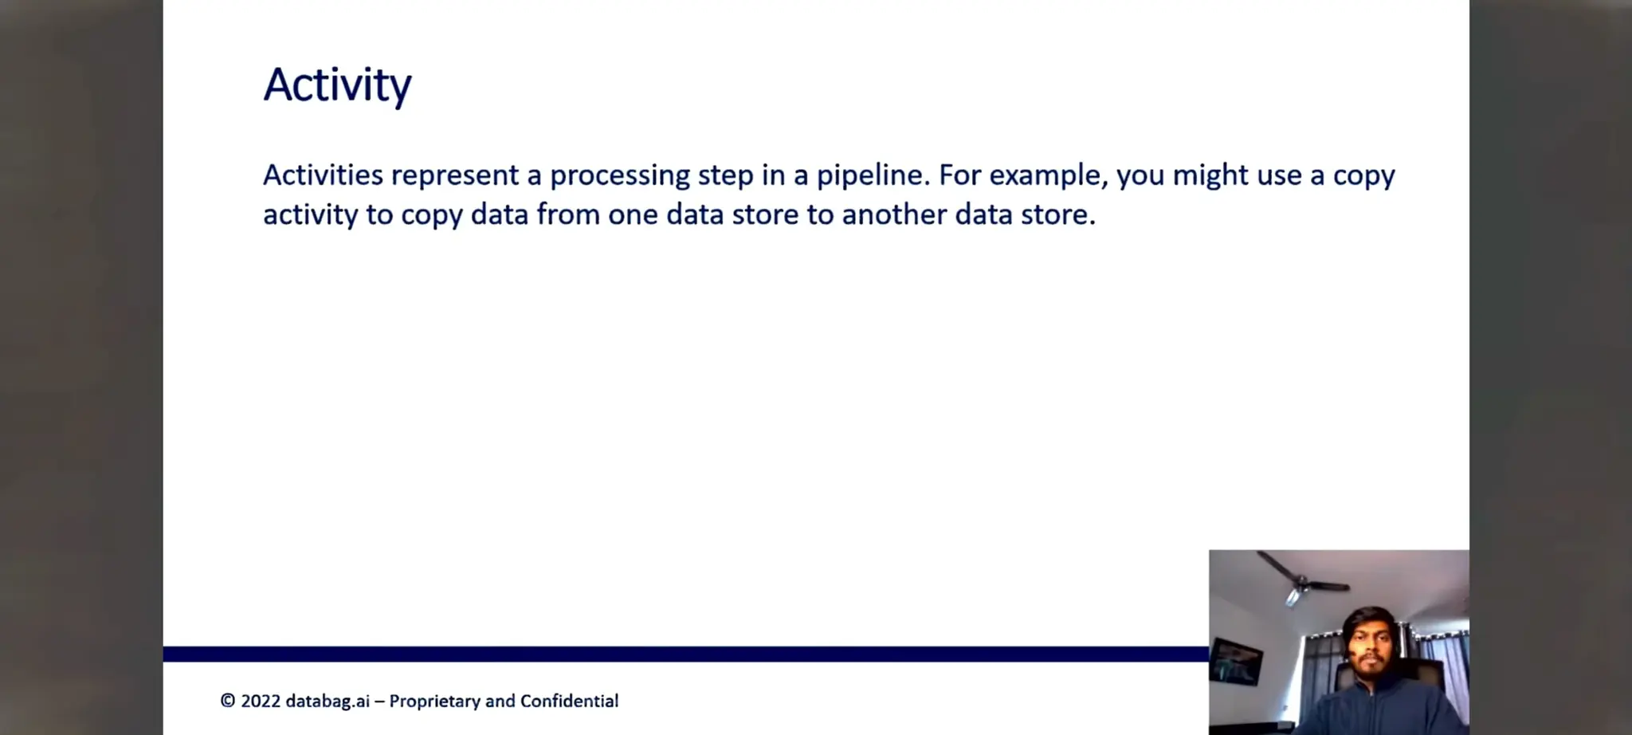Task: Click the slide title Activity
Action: coord(337,85)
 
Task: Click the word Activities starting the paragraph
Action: coord(323,175)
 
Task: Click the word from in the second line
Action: coord(567,214)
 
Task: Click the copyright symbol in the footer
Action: coord(228,701)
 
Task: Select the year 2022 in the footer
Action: coord(261,701)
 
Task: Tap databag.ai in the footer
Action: coord(328,702)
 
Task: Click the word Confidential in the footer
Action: coord(569,701)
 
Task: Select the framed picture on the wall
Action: coord(1235,661)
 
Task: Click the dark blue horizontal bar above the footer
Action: coord(685,654)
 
